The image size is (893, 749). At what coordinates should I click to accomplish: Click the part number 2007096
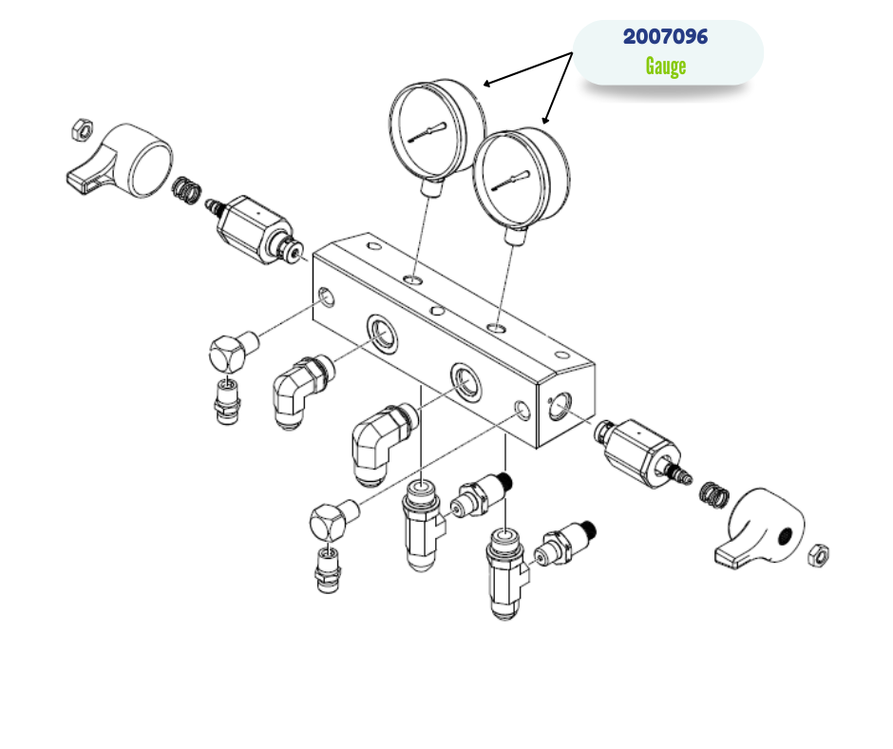coord(665,37)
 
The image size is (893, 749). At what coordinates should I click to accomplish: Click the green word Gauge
coord(665,67)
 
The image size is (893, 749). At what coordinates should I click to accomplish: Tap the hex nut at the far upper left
coord(82,129)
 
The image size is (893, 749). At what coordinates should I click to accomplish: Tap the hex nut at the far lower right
coord(818,555)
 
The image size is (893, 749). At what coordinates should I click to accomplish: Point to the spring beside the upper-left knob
coord(186,190)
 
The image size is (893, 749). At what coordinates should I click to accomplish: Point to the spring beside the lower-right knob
coord(713,496)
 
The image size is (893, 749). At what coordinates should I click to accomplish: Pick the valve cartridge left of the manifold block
coord(255,229)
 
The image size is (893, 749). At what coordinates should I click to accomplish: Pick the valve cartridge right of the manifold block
coord(642,453)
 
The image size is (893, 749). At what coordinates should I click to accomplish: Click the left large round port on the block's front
coord(382,331)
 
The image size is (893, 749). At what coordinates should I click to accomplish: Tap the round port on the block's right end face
coord(560,405)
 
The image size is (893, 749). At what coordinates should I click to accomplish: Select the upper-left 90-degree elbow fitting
coord(303,390)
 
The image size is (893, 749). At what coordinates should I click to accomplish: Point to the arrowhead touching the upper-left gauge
coord(487,85)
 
